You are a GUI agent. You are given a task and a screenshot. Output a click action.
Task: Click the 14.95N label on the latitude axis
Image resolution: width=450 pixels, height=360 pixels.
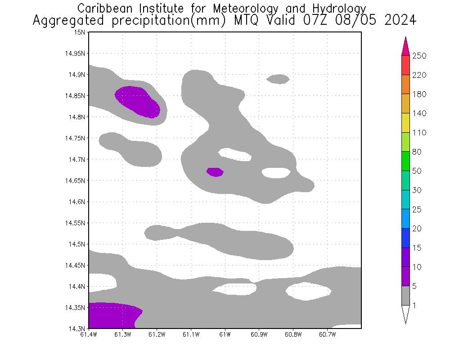tap(75, 54)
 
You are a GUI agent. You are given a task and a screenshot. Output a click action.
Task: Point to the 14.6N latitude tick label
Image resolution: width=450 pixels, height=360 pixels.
tap(76, 202)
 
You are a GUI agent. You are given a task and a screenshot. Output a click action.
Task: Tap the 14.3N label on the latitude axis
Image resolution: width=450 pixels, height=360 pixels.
tap(76, 328)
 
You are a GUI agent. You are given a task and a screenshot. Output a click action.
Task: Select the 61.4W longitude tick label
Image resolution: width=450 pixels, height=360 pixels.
tap(89, 334)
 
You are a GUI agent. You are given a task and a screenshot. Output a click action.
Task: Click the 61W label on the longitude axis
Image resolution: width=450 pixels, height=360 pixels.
tap(225, 334)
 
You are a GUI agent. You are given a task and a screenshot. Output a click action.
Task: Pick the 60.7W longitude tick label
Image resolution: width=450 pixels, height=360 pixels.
tap(327, 334)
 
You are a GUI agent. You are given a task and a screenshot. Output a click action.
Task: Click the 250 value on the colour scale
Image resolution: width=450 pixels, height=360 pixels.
tap(418, 56)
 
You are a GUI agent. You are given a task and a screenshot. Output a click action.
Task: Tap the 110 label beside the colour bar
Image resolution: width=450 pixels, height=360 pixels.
tap(418, 133)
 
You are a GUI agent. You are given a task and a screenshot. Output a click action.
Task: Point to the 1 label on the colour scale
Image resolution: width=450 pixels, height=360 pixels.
tap(414, 306)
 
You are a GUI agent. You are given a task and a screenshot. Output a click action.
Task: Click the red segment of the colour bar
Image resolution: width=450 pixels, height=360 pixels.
tap(405, 65)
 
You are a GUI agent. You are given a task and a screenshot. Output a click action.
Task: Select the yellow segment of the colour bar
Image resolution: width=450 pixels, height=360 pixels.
tap(405, 123)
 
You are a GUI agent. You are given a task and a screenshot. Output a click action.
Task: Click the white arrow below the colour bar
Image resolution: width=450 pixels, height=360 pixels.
tap(405, 315)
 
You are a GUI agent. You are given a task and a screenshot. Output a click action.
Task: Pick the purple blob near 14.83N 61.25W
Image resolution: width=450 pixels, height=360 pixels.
tap(137, 101)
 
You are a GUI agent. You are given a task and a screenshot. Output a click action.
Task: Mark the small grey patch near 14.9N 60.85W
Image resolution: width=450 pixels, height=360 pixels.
tap(278, 79)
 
